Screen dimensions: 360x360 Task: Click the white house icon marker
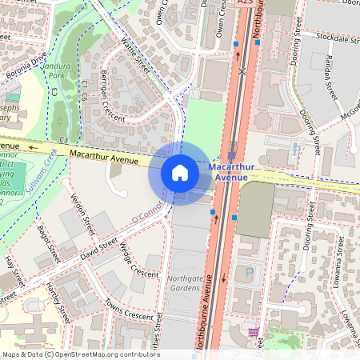click(x=180, y=173)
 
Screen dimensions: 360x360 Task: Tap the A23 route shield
click(x=246, y=4)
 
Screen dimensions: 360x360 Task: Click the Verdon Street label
click(x=83, y=213)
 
